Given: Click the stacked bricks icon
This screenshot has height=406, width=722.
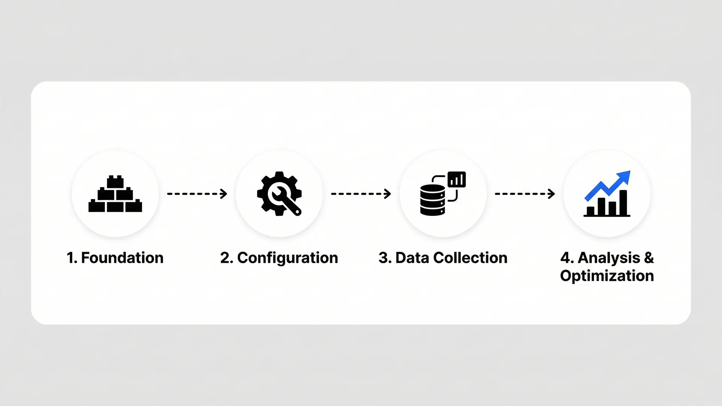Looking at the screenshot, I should tap(115, 194).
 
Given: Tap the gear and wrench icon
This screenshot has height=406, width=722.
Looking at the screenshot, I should tap(279, 194).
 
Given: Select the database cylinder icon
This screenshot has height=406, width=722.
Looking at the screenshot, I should tap(432, 200).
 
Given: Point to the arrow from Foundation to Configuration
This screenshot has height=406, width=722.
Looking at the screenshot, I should tap(197, 194).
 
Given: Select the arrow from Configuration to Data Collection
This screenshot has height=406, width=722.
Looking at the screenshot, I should tap(361, 194).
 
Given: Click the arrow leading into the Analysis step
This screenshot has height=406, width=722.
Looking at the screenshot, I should tap(525, 194).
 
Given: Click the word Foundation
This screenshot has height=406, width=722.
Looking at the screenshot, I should tap(122, 258).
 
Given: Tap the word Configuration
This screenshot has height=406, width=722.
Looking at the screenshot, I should tap(288, 258).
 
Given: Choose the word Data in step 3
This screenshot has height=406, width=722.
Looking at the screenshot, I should tap(412, 258).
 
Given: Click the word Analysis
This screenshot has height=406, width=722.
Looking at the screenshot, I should tap(609, 258).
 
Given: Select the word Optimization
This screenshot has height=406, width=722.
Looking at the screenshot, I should tap(607, 276).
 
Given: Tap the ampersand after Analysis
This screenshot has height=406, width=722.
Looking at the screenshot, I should tap(649, 258).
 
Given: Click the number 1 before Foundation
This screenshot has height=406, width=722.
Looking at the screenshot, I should tap(70, 258).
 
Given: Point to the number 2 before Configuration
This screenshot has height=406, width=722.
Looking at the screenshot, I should tap(225, 258).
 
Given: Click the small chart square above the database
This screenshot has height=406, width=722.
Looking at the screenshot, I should tap(457, 179).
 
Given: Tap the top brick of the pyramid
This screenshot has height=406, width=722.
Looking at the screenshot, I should tap(115, 182).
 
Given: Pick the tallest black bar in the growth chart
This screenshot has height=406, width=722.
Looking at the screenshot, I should tap(623, 203).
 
